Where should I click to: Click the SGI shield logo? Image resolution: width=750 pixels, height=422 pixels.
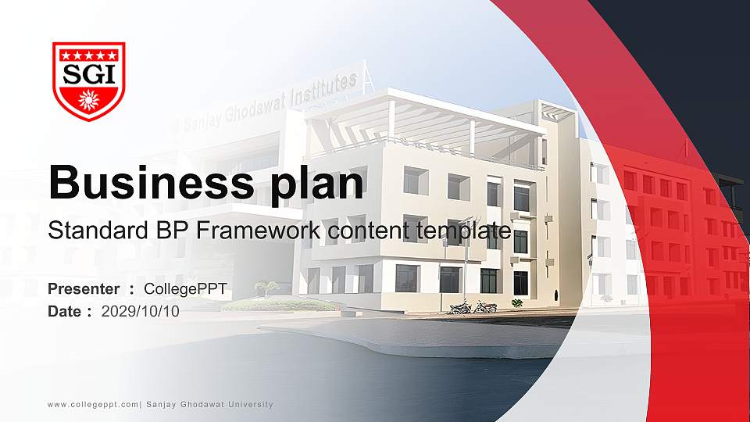[x=89, y=81]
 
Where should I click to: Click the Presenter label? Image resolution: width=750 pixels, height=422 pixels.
[x=84, y=289]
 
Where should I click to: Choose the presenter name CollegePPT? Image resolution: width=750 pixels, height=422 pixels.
[x=186, y=289]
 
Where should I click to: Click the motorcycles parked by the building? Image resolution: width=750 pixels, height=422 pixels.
[x=473, y=306]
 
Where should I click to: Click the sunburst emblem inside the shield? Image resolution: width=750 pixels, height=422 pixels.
[x=89, y=100]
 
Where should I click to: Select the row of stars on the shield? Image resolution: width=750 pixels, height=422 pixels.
[x=89, y=55]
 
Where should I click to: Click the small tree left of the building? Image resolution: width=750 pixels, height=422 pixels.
[x=267, y=288]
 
